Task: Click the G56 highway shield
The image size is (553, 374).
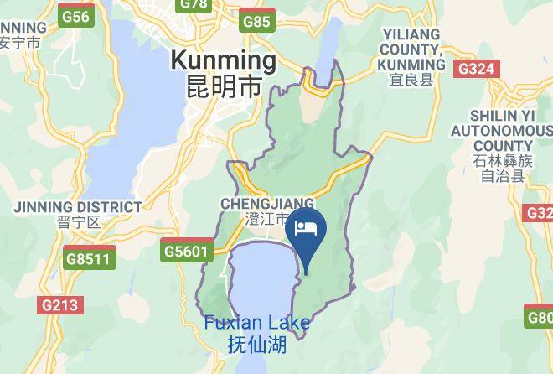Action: (76, 16)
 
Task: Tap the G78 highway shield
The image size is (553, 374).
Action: (194, 4)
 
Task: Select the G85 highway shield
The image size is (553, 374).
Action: (256, 22)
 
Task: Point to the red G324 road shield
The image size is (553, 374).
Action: (477, 69)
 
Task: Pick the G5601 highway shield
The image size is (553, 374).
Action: (184, 251)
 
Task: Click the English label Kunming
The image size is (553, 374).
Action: (223, 60)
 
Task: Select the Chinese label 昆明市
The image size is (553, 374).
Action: (223, 86)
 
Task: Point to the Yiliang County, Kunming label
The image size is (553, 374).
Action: (412, 49)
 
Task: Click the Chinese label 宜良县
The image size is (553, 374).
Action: (411, 81)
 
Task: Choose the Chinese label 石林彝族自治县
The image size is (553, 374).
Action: (502, 169)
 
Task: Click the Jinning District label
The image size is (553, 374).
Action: (77, 206)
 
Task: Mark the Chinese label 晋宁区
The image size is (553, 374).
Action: (79, 222)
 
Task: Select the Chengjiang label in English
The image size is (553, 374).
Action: (267, 204)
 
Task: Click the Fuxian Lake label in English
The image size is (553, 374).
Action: (257, 324)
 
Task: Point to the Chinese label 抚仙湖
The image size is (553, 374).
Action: (257, 344)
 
